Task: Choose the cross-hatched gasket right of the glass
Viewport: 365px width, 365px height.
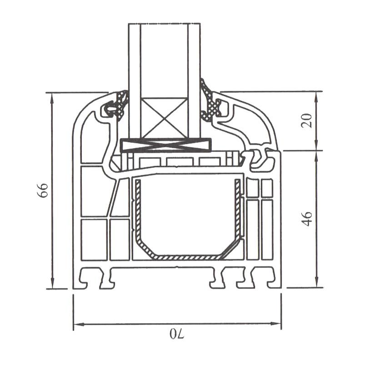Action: (210, 104)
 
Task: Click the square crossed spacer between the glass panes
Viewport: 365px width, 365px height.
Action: (165, 119)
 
